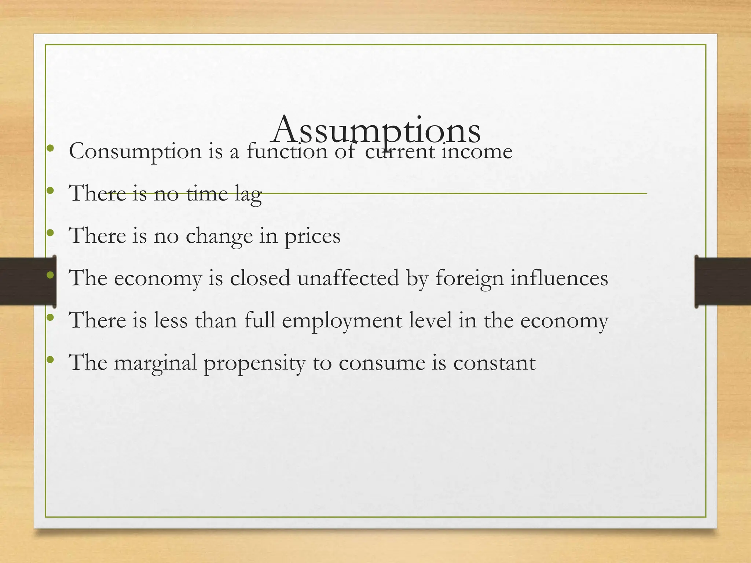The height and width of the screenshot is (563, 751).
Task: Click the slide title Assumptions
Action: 376,130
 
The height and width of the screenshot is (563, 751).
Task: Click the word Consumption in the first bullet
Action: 135,151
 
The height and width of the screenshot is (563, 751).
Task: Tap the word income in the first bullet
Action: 477,151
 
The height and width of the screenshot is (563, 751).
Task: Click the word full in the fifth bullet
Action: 260,320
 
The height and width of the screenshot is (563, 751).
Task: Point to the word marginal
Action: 155,363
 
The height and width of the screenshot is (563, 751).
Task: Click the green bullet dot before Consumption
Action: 51,148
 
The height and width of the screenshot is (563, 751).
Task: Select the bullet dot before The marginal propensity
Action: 51,360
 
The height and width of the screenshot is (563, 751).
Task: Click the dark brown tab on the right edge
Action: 722,281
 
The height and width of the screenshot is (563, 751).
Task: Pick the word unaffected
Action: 348,278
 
